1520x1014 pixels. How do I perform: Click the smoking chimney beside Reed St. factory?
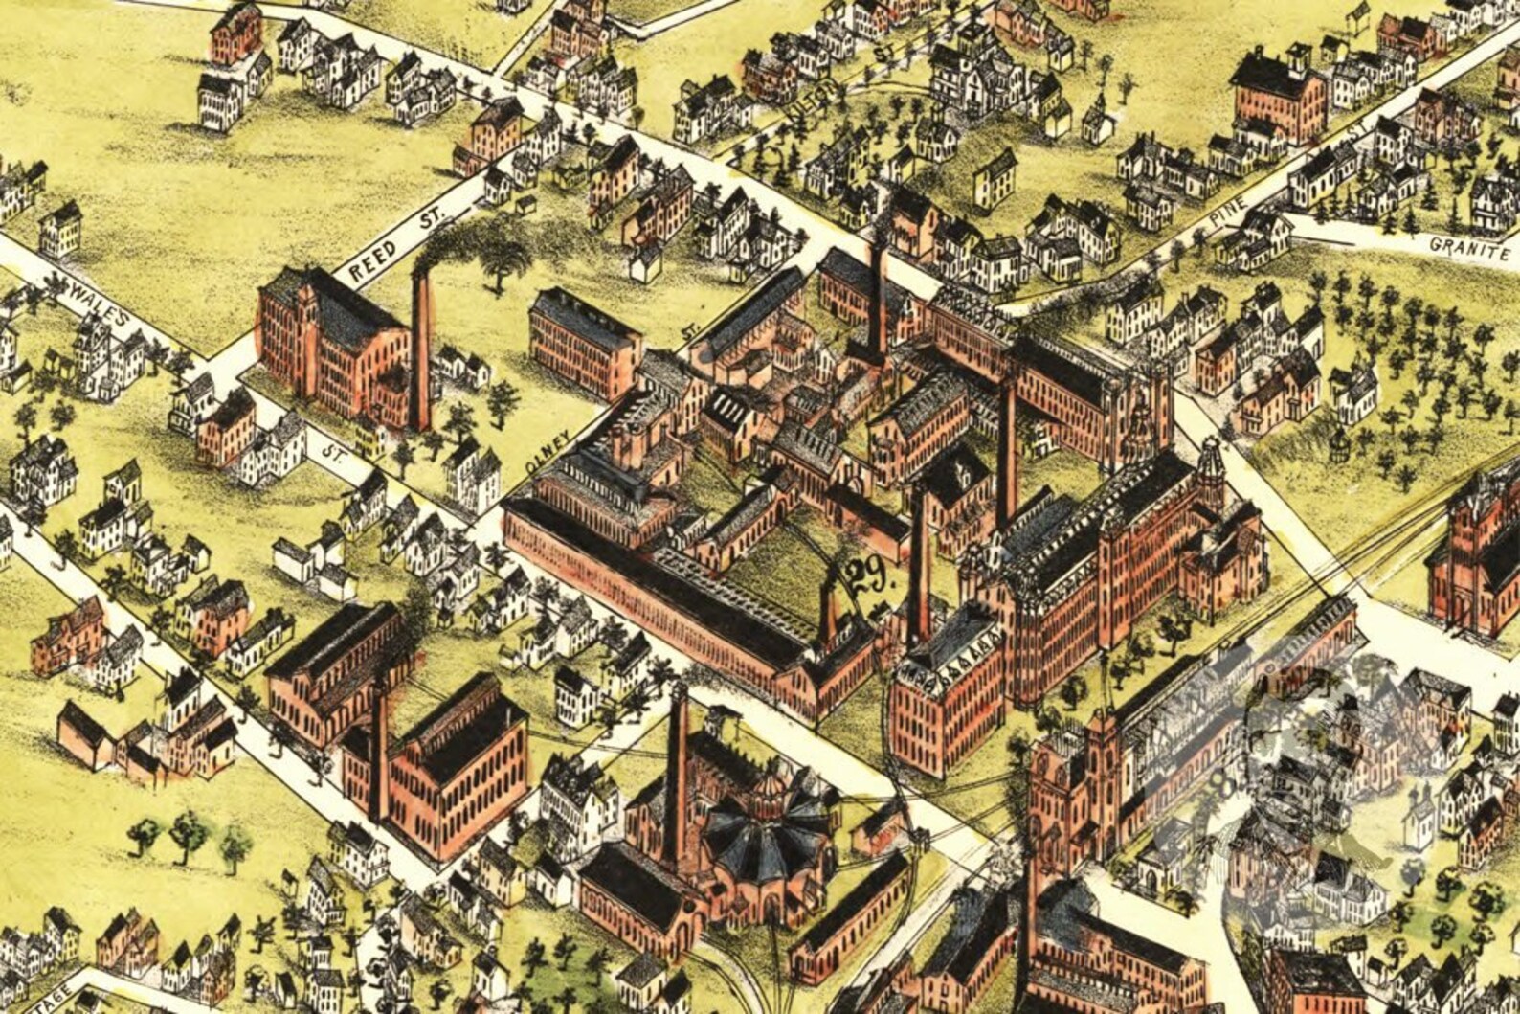[420, 349]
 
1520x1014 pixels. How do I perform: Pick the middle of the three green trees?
[187, 834]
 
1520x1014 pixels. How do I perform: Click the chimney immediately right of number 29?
[920, 565]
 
